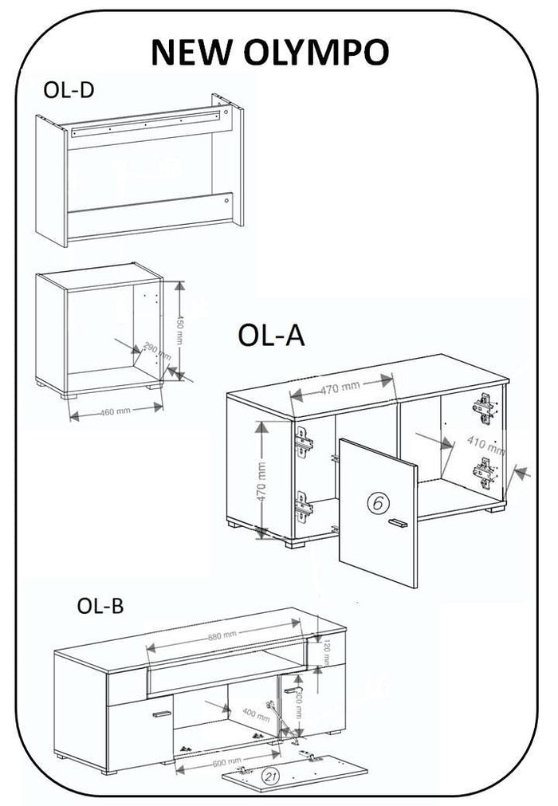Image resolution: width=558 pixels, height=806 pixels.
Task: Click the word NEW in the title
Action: [190, 52]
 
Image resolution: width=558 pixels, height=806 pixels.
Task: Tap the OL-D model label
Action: [68, 89]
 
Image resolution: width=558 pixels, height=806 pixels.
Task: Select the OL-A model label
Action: [272, 336]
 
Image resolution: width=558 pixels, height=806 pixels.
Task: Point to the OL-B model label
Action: [100, 606]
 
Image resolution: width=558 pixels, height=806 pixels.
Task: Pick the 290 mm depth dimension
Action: [155, 354]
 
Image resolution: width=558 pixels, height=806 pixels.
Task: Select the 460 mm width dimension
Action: [116, 411]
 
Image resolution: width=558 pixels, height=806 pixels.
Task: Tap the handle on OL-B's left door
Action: [161, 714]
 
